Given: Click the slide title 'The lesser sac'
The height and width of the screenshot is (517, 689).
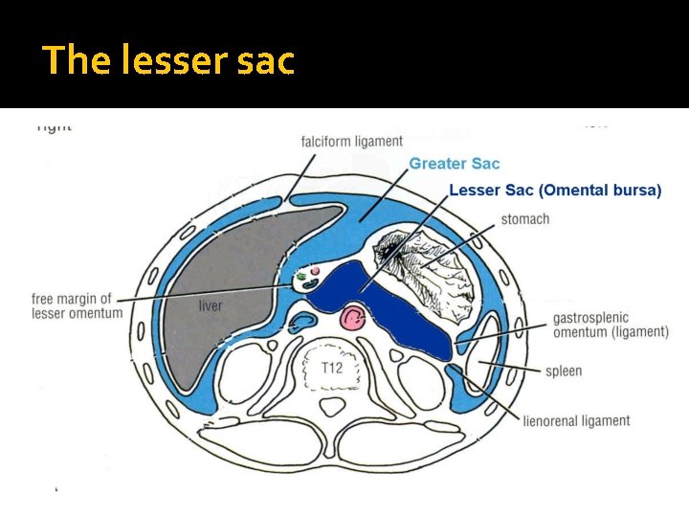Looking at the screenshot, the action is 168,61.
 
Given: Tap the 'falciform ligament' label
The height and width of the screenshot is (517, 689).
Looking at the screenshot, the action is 351,142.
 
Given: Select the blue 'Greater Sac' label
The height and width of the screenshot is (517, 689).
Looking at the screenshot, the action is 455,164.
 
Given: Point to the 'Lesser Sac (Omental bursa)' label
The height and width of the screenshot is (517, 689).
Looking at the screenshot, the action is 555,191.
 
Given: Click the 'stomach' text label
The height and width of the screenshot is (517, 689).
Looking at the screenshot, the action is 525,219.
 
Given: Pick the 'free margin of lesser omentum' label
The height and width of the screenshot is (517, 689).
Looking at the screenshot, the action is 77,305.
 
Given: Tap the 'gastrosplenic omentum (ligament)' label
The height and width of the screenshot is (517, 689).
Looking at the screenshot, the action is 610,325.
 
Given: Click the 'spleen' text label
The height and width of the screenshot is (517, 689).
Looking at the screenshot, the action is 564,371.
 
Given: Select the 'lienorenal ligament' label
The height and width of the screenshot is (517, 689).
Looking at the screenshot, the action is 577,420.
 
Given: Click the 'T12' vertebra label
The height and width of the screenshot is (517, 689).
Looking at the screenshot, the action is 332,368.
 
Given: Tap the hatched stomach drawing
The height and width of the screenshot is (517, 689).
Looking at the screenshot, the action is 435,268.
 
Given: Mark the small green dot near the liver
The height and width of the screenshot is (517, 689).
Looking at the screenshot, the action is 304,277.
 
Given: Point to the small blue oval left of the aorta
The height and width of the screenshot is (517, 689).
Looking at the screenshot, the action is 304,319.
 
